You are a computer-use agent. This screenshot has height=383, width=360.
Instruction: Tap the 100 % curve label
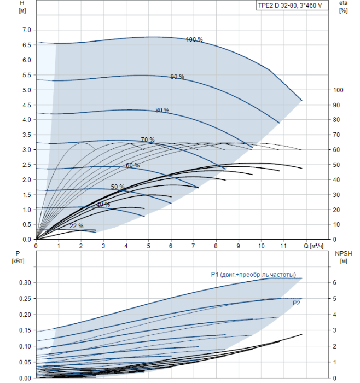coord(194,39)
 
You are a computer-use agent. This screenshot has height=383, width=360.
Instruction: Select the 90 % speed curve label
coord(177,77)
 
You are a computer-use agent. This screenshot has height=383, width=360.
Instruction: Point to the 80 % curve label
coord(162,110)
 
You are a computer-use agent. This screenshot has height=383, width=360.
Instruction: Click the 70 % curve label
coord(148,140)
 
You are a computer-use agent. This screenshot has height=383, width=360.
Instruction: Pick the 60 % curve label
coord(132,165)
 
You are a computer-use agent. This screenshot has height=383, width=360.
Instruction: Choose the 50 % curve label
coord(118,187)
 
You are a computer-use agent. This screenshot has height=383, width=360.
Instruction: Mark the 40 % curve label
coord(103,205)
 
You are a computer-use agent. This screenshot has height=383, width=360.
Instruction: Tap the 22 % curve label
coord(77,226)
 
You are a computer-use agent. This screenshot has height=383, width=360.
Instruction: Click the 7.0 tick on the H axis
coord(26,30)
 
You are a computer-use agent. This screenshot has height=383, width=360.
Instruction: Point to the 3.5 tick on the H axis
coord(26,135)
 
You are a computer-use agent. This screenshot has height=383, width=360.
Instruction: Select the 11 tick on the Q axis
coord(283,247)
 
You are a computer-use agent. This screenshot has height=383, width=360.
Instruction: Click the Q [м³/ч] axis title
coord(316,247)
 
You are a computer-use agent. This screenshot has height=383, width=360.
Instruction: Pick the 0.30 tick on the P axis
coord(25,283)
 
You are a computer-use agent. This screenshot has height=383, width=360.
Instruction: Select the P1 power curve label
coord(253,275)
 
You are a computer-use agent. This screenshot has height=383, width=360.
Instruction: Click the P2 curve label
coord(297,302)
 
